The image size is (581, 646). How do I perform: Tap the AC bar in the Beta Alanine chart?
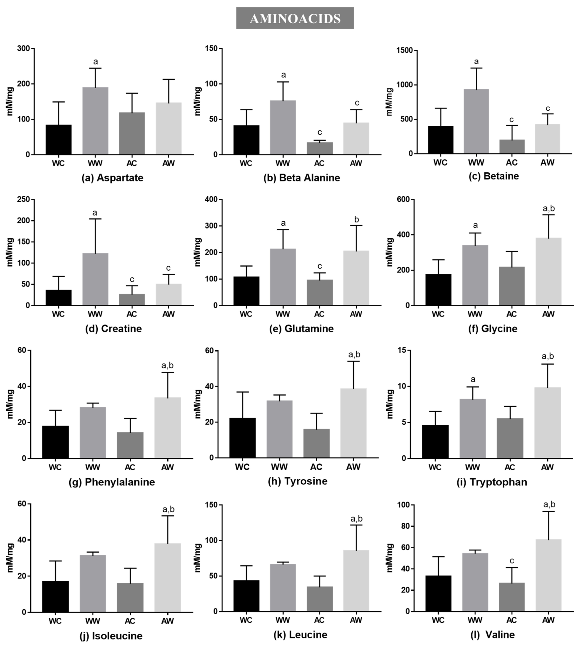click(x=320, y=148)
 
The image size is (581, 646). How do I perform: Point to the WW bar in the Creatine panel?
click(x=95, y=279)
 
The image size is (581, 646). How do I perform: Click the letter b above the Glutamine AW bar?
click(x=357, y=220)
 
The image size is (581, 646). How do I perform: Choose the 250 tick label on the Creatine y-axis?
click(x=23, y=200)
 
